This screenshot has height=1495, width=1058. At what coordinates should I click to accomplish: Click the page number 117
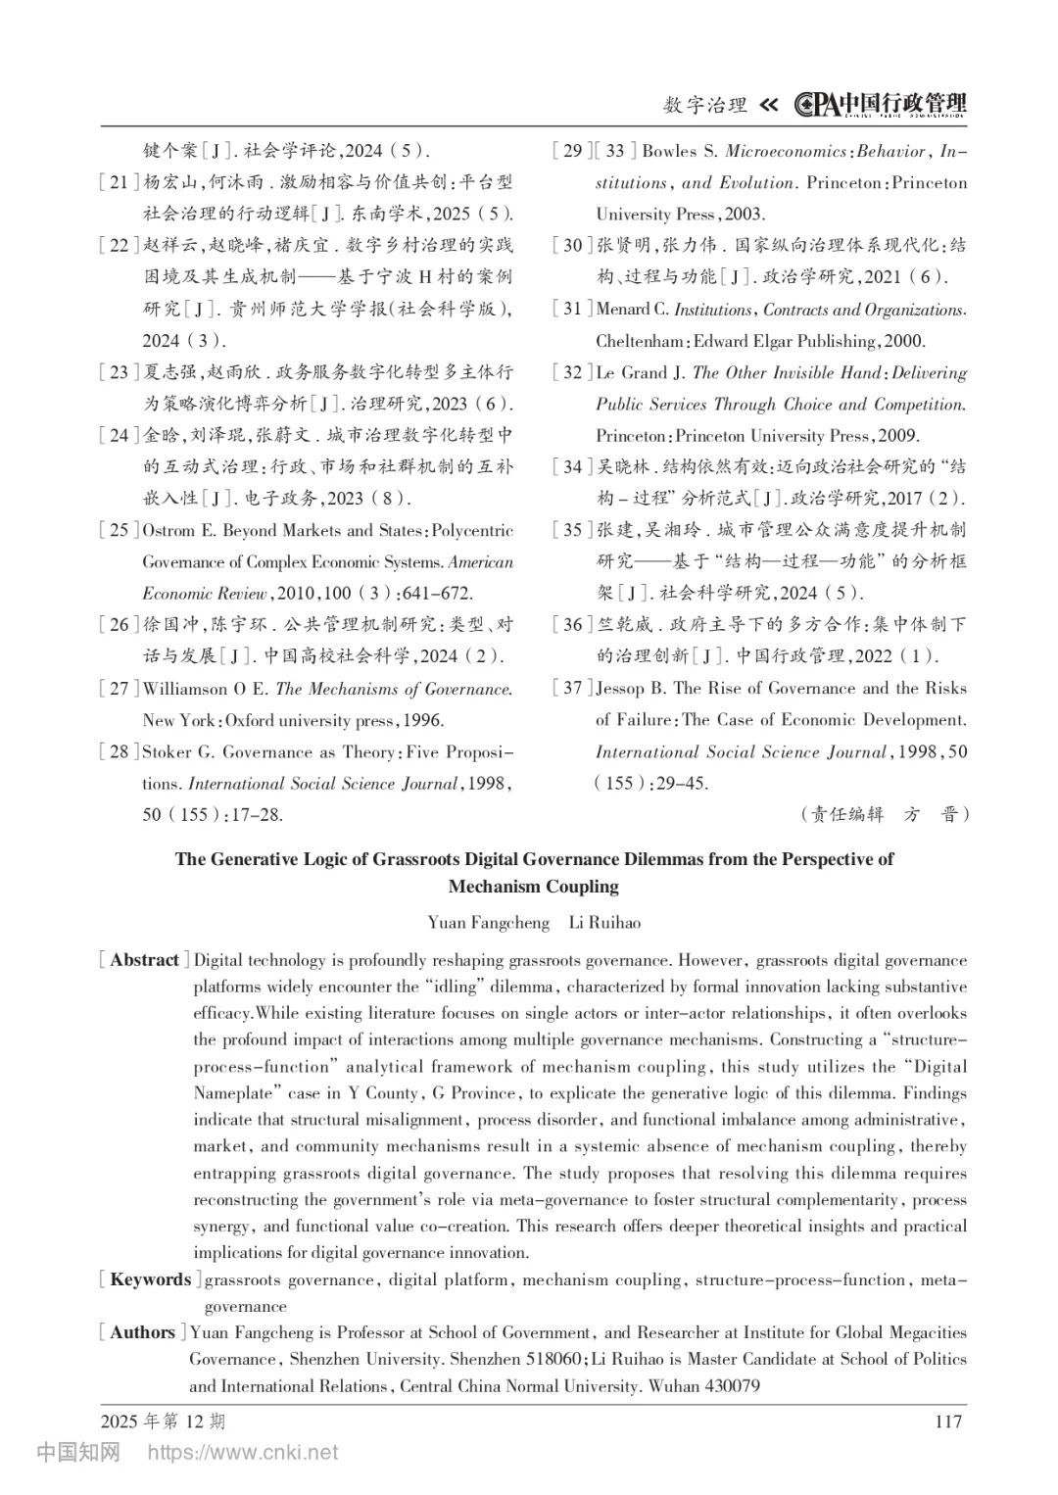(948, 1422)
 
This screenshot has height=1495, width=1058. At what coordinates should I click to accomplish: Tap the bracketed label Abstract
(144, 960)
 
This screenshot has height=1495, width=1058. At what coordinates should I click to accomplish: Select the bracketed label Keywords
(150, 1279)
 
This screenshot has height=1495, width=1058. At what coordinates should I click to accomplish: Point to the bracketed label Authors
(142, 1332)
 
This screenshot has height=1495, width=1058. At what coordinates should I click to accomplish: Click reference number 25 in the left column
(119, 531)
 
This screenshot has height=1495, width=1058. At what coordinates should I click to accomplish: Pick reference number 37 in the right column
(572, 688)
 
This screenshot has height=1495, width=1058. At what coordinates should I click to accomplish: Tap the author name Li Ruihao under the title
(604, 923)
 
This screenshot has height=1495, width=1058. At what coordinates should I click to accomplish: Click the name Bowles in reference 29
(668, 151)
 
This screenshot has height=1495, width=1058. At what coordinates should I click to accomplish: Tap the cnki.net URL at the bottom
(242, 1452)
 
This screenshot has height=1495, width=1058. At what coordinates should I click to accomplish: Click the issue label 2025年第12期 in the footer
(163, 1422)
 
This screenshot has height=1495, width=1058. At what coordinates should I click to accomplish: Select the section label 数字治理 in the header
(705, 105)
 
